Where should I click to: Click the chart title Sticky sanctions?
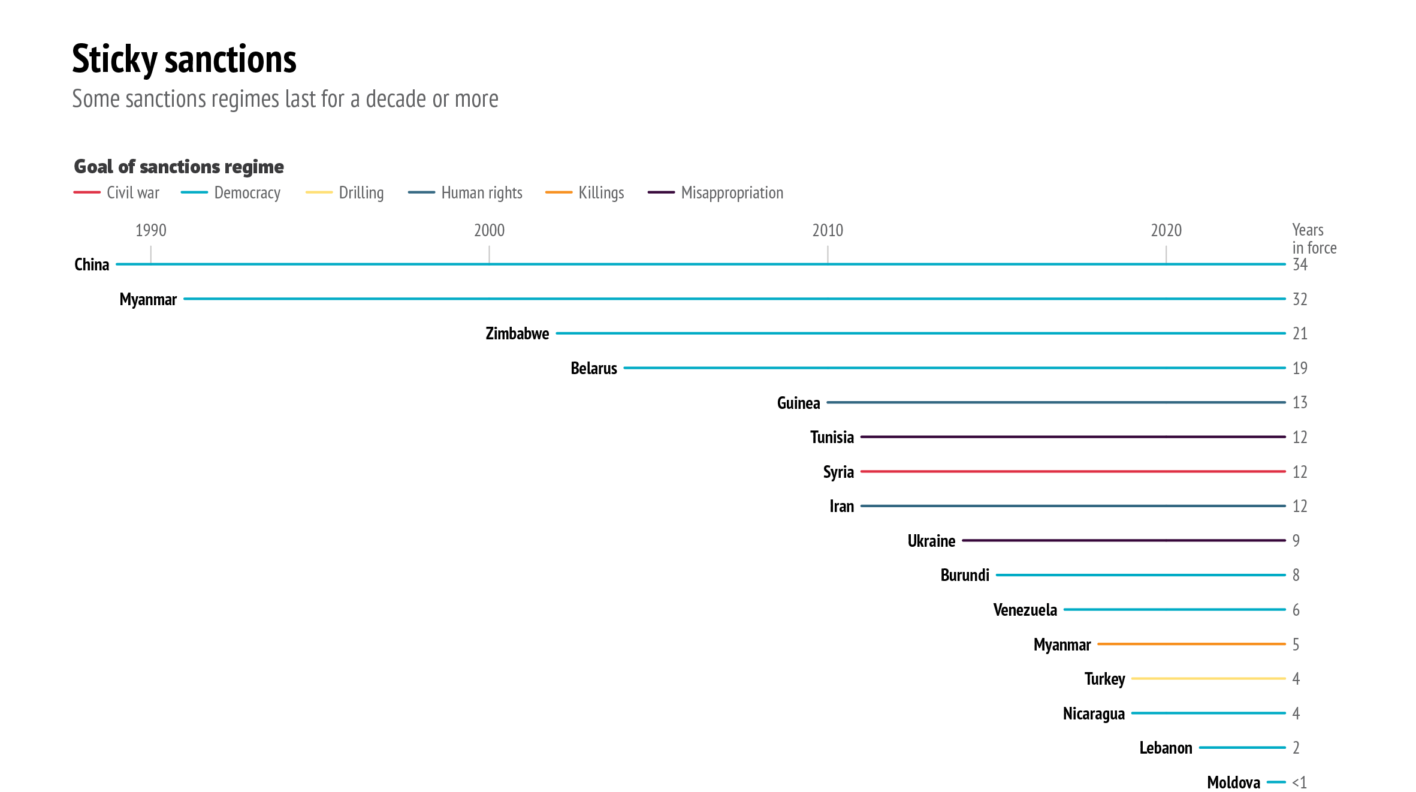coord(184,59)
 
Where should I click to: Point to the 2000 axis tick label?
coord(489,230)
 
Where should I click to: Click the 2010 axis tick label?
coord(828,230)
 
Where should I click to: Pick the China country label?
coord(92,264)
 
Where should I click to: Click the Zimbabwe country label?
coord(517,333)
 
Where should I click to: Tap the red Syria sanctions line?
coord(1073,472)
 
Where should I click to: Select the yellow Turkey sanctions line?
coord(1208,679)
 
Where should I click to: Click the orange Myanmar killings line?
coord(1191,644)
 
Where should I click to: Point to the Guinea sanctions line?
coord(1056,402)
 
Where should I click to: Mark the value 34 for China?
coord(1300,265)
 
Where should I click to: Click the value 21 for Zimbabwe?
coord(1300,333)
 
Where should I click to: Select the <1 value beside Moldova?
coord(1299,782)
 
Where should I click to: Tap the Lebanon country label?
coord(1166,748)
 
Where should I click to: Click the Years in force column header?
coord(1314,239)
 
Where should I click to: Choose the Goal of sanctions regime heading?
coord(179,167)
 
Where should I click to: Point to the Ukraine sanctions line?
coord(1124,541)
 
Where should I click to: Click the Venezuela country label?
coord(1025,610)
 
